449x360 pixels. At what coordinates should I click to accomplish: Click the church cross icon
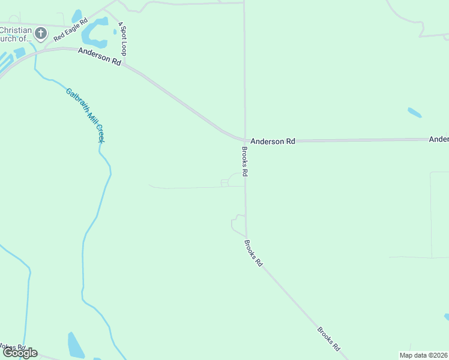tap(41, 33)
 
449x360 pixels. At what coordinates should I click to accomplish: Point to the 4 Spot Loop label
tap(122, 38)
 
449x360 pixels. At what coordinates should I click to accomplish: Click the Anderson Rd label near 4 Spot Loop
tap(100, 56)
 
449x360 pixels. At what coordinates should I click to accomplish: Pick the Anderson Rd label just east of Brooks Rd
tap(273, 142)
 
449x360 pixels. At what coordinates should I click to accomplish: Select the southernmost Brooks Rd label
tap(329, 339)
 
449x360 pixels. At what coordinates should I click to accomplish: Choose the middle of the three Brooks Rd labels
tap(253, 253)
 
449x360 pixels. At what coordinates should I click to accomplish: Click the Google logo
tap(20, 353)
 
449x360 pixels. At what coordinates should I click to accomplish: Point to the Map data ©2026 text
tap(423, 355)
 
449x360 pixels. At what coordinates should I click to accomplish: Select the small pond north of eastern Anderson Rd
tap(414, 112)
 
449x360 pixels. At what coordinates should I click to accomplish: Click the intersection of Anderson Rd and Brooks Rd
tap(245, 140)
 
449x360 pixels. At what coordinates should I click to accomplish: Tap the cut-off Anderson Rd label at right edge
tap(439, 139)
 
